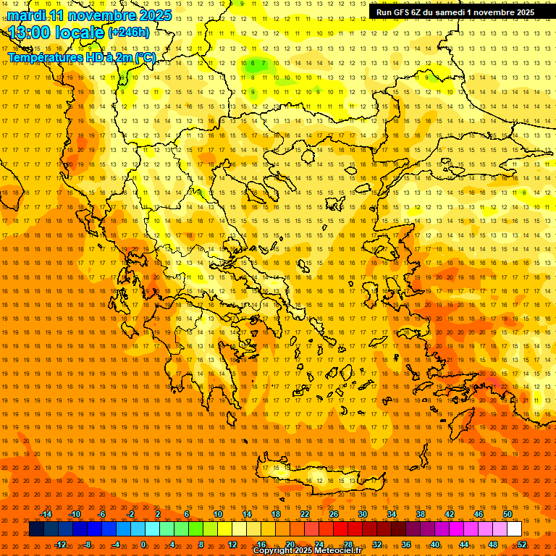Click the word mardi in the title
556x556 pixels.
click(26, 15)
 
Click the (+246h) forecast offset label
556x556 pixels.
click(129, 32)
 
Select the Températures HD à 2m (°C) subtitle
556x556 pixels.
click(81, 57)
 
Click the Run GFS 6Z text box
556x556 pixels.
click(455, 12)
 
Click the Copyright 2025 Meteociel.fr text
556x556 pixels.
click(307, 551)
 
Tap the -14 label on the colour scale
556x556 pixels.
click(46, 514)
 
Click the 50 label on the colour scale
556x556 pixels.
click(507, 514)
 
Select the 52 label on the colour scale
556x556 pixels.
click(522, 544)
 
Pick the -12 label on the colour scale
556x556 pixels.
click(61, 544)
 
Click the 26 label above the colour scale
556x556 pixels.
click(334, 514)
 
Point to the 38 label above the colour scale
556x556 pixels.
click(421, 514)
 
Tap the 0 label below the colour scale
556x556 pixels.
click(143, 544)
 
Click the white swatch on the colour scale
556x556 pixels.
click(514, 529)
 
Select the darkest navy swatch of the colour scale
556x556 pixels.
click(36, 529)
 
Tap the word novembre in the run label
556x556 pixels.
click(497, 12)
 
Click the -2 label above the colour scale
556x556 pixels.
click(130, 514)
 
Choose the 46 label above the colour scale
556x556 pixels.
click(479, 514)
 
